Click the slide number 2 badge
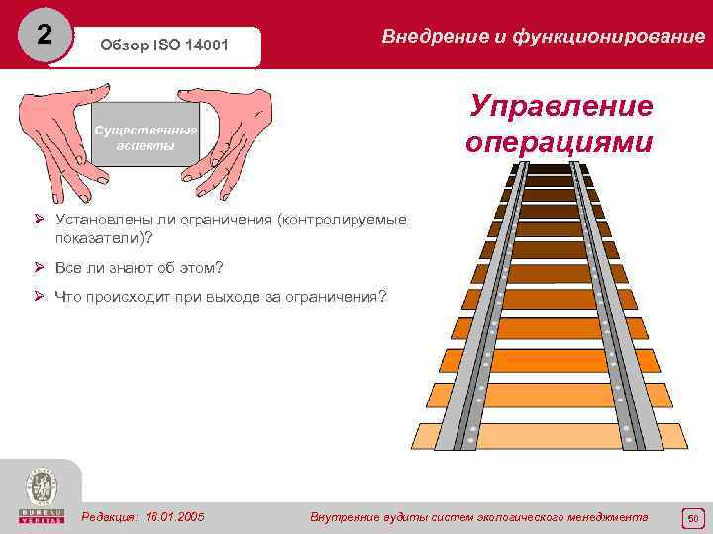point(43,35)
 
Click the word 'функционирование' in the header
point(607,37)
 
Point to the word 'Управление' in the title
point(560,106)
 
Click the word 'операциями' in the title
point(560,141)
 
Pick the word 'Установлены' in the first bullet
point(104,220)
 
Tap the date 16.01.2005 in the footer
point(174,517)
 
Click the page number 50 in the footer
point(693,517)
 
